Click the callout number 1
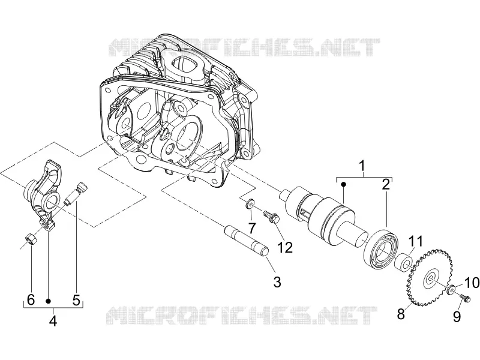coord(362,166)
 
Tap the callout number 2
coord(386,184)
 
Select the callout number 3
coord(277,282)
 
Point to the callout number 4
coord(53,320)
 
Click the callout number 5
coord(76,299)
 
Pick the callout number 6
coord(31,299)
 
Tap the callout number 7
coord(251,228)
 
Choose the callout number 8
coord(401,314)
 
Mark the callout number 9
coord(457,316)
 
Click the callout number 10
coord(472,283)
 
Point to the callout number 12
coord(284,247)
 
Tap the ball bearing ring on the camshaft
coord(380,247)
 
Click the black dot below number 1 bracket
coord(343,184)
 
